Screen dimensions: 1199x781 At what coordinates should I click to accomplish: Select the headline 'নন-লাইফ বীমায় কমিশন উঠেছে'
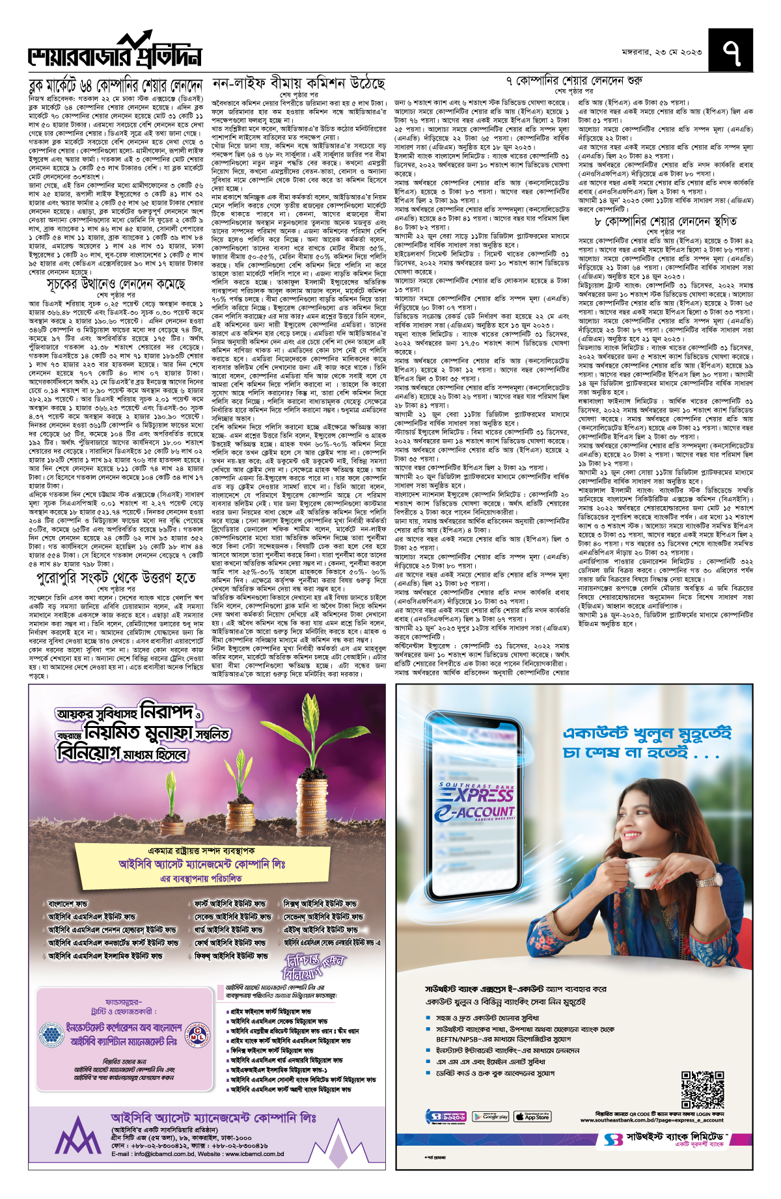(x=299, y=84)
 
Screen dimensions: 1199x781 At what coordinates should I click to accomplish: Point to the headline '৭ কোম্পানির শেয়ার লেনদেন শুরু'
(x=574, y=81)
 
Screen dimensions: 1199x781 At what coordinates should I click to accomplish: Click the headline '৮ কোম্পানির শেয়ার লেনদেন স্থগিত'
(x=666, y=221)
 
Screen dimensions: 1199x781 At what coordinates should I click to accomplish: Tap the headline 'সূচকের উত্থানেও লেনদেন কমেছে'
(x=116, y=284)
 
